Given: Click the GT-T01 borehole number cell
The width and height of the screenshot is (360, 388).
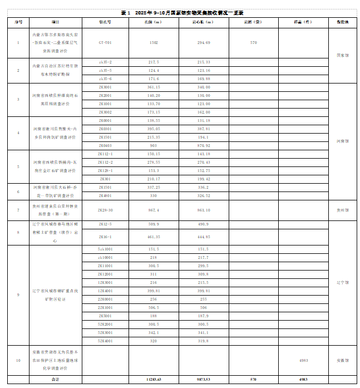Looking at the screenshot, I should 105,42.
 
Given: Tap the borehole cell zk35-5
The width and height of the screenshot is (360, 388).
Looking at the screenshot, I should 105,71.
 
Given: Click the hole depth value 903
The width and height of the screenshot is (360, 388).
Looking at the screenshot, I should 154,145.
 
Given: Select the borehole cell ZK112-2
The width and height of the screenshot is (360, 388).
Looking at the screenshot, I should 105,162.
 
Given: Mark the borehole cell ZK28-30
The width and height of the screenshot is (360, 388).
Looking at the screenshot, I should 105,210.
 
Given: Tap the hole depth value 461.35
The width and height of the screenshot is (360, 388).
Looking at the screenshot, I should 154,236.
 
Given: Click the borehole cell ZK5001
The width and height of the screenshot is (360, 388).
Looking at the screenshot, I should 105,316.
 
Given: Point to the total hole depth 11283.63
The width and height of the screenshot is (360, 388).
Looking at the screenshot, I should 154,379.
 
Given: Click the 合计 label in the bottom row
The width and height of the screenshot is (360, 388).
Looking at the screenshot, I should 55,379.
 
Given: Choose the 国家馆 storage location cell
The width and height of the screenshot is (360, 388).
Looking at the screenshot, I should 343,55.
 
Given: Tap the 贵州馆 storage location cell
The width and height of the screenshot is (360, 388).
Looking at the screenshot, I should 343,210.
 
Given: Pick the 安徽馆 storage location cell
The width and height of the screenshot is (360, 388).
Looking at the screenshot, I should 343,360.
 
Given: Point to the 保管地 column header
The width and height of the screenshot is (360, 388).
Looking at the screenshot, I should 343,22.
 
